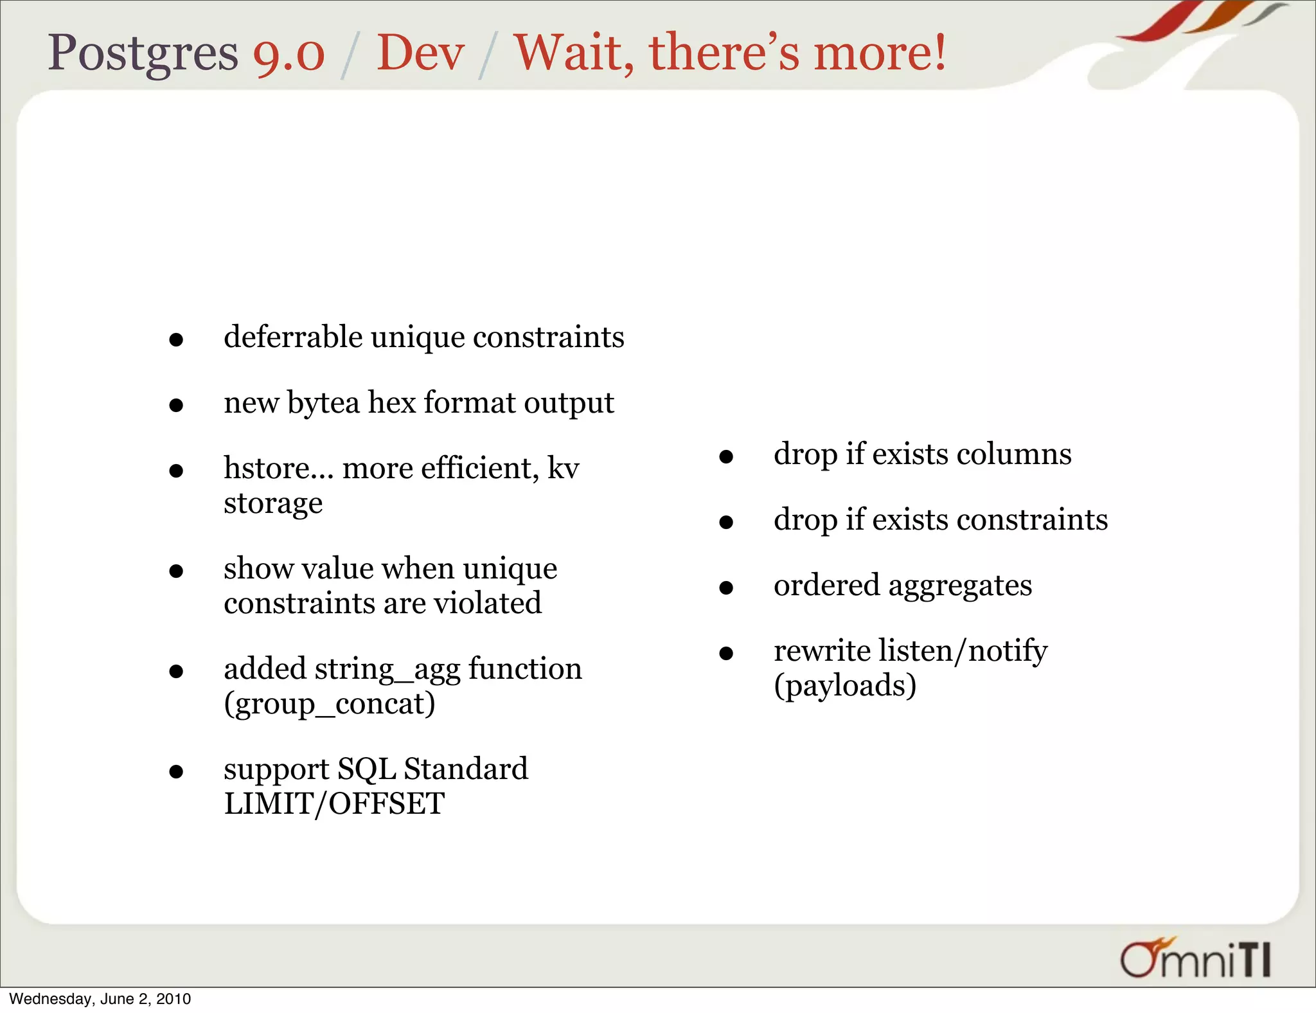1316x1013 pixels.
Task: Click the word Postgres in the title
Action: [143, 53]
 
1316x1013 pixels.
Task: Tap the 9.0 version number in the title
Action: [289, 54]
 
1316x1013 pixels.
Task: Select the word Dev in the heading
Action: [420, 53]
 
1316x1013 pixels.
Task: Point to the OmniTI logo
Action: [1195, 959]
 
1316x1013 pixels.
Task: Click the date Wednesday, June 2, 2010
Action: [100, 999]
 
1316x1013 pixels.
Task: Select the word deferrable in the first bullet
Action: [293, 337]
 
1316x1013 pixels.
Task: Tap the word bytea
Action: [323, 404]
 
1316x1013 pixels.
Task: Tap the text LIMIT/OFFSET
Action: [334, 803]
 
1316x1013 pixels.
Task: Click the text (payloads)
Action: [845, 686]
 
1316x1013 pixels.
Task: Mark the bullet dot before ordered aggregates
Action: [726, 587]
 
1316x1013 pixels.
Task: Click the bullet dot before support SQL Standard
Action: [176, 771]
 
